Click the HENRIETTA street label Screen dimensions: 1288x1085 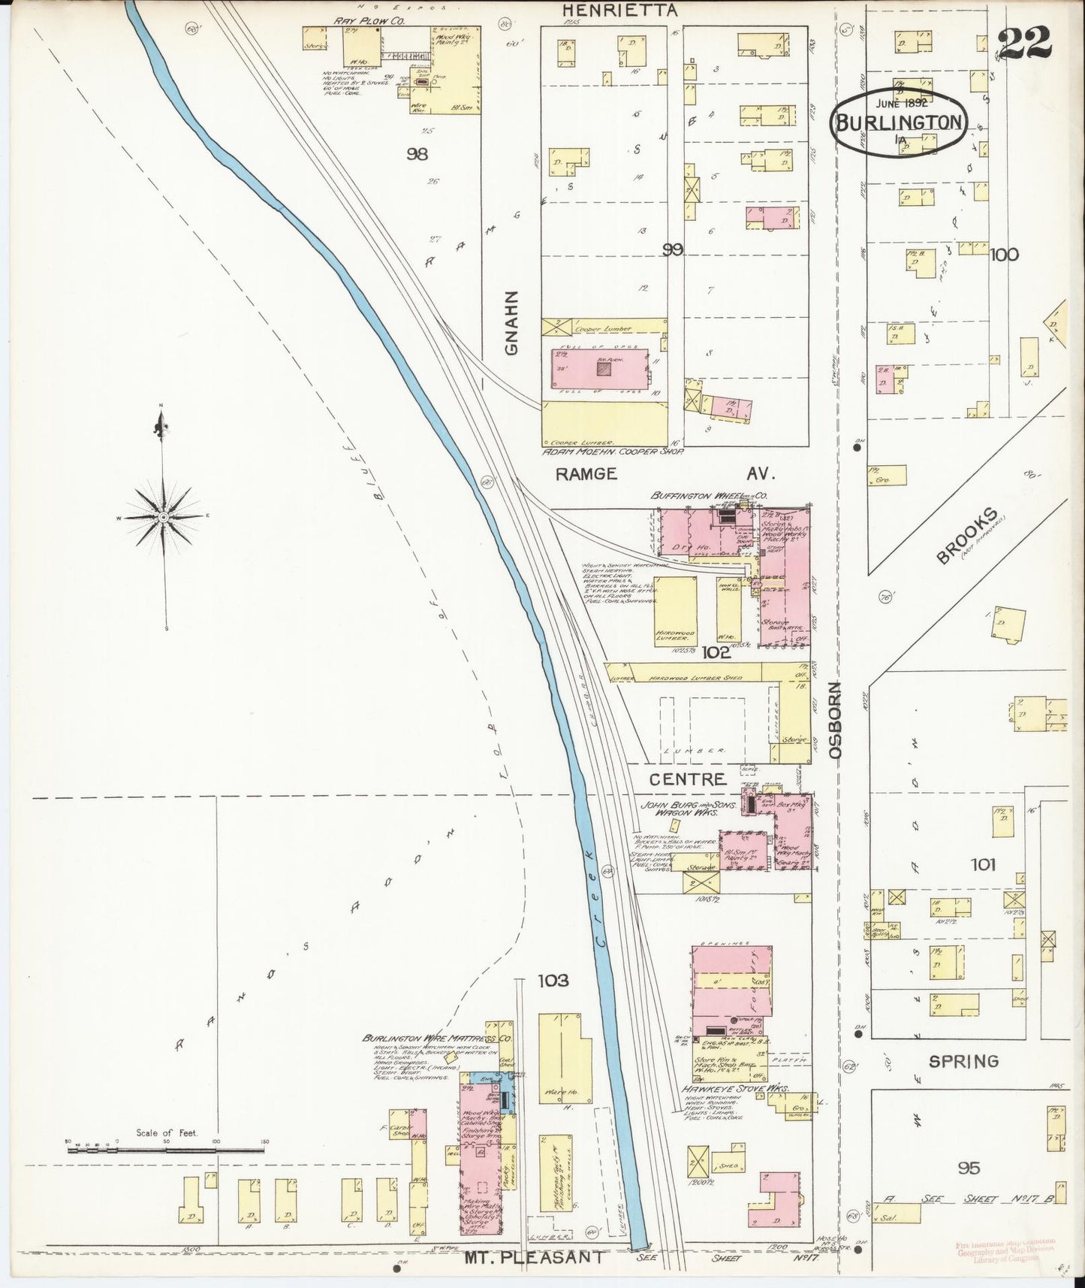point(619,11)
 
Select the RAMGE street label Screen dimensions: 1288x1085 point(586,473)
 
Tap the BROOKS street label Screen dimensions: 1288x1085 point(968,535)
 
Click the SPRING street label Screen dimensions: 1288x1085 point(963,1061)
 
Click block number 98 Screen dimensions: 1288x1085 point(417,154)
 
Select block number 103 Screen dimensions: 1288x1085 point(553,980)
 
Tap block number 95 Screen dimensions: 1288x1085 point(969,1168)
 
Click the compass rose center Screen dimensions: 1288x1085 point(162,518)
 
